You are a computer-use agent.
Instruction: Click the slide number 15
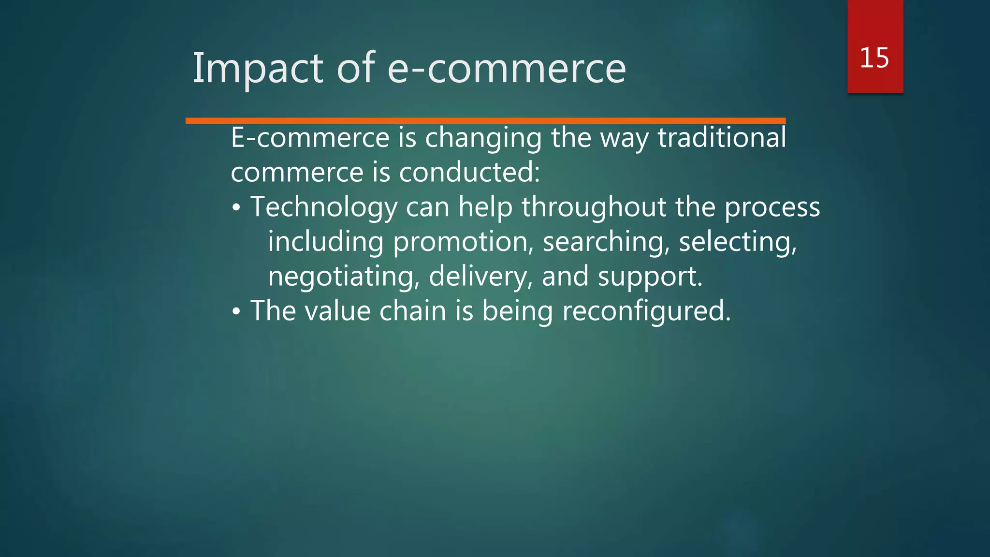(874, 58)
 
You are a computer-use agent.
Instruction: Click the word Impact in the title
(258, 69)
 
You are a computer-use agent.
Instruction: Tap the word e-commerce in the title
(507, 69)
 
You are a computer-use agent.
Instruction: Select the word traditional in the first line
(722, 138)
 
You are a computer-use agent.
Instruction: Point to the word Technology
(324, 207)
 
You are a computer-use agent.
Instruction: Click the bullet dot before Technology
(236, 208)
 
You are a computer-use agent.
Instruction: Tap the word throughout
(594, 207)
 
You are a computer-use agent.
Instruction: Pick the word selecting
(738, 242)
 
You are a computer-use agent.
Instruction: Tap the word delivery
(480, 277)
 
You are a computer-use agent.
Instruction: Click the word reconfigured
(646, 311)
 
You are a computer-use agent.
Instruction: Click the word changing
(483, 138)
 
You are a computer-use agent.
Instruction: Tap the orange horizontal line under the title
(485, 120)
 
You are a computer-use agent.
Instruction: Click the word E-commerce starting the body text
(310, 138)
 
